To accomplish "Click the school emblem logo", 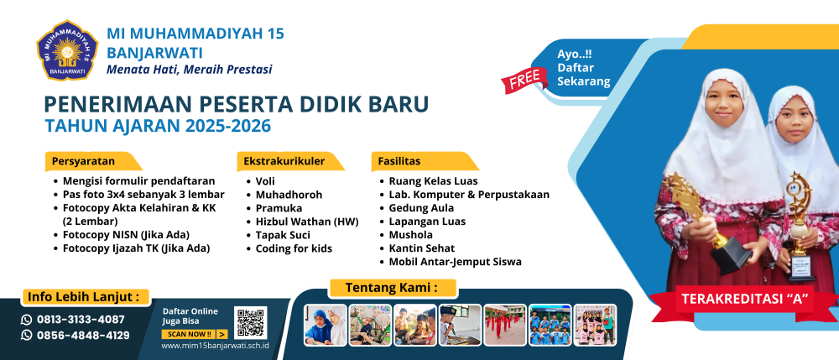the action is click(67, 50).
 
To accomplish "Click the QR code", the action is click(250, 322).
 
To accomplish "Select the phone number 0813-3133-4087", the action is click(81, 320).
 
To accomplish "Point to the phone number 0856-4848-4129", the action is click(83, 336).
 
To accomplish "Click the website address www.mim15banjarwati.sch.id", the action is click(215, 345).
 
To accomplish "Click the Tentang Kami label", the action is click(392, 288).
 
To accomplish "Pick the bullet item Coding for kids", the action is click(294, 248).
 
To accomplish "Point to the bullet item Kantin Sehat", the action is click(422, 248).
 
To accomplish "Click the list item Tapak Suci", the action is click(283, 235).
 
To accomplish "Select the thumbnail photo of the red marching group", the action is click(504, 325).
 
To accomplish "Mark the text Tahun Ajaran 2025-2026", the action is click(158, 126).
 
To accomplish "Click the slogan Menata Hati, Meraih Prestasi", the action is click(190, 70).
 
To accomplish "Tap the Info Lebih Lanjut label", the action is click(86, 297).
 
